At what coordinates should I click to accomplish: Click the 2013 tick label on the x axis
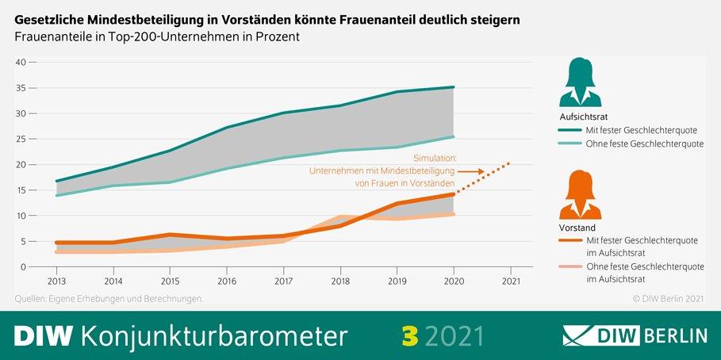[56, 280]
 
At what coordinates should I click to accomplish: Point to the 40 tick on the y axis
[21, 62]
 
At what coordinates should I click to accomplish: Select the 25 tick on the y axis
[21, 139]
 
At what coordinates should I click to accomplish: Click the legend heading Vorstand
[577, 228]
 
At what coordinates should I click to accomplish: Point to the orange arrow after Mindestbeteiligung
[471, 170]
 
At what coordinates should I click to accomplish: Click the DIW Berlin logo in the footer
[635, 335]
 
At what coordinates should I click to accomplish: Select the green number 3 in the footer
[410, 335]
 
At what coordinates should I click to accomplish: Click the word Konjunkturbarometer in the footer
[213, 335]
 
